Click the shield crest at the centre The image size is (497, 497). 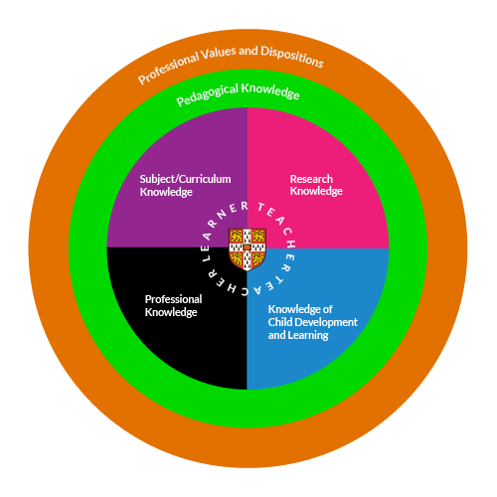[248, 248]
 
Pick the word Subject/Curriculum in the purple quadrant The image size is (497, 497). [185, 179]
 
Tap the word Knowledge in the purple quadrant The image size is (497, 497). [166, 192]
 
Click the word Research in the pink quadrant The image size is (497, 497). [311, 179]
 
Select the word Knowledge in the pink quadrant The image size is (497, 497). [316, 192]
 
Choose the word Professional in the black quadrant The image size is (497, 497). [173, 299]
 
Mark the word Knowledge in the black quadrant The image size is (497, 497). [171, 312]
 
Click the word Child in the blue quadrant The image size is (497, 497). [282, 322]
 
